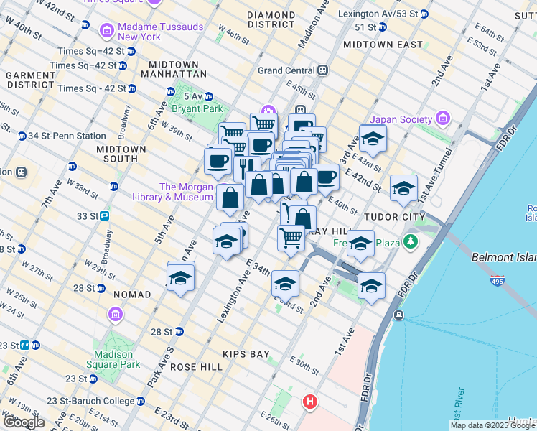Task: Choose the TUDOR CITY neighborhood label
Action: [394, 216]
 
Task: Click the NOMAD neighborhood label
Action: [131, 295]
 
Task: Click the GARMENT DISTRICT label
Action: [31, 80]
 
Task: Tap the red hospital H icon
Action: [310, 401]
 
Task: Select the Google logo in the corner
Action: [24, 422]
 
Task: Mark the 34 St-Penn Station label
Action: [66, 136]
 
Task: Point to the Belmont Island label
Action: [503, 256]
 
